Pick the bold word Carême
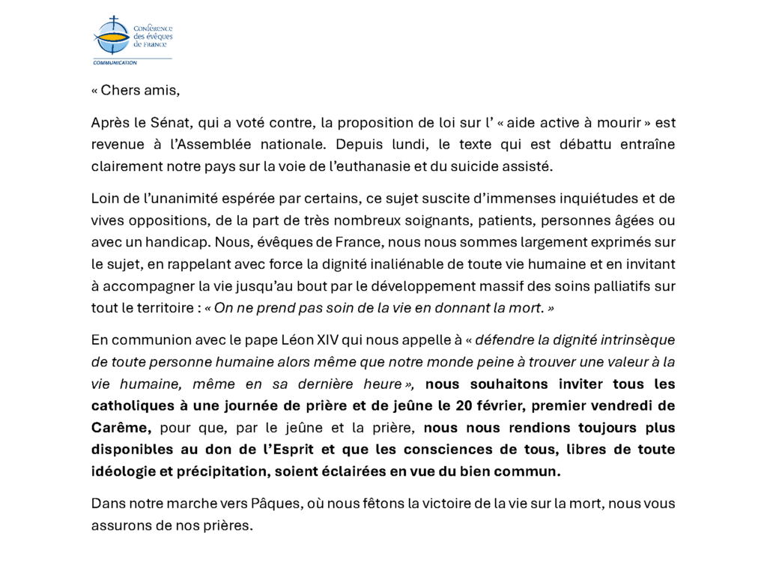coord(121,428)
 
